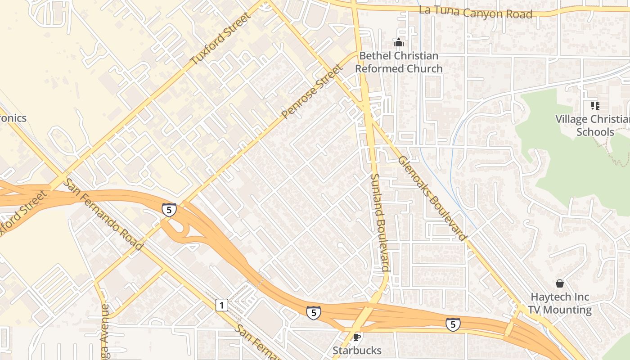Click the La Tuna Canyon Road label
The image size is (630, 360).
[475, 12]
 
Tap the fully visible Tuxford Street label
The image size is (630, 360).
[220, 39]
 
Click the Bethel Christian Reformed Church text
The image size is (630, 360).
[399, 62]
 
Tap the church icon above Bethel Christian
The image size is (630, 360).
[399, 43]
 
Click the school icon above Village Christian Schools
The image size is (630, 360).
[595, 106]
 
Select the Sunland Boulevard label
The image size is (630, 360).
[379, 222]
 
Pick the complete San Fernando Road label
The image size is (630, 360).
[103, 215]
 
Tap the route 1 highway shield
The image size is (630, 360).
[221, 305]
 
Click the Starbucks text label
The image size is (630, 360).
[357, 350]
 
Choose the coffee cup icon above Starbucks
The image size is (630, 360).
[357, 337]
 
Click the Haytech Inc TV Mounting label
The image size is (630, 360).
[560, 303]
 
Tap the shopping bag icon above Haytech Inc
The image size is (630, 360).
[560, 283]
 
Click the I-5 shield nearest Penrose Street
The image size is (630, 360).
[169, 210]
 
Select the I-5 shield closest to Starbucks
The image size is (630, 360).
[314, 313]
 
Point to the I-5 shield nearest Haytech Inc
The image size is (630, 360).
[453, 324]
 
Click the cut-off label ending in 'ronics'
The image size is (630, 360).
[13, 118]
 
